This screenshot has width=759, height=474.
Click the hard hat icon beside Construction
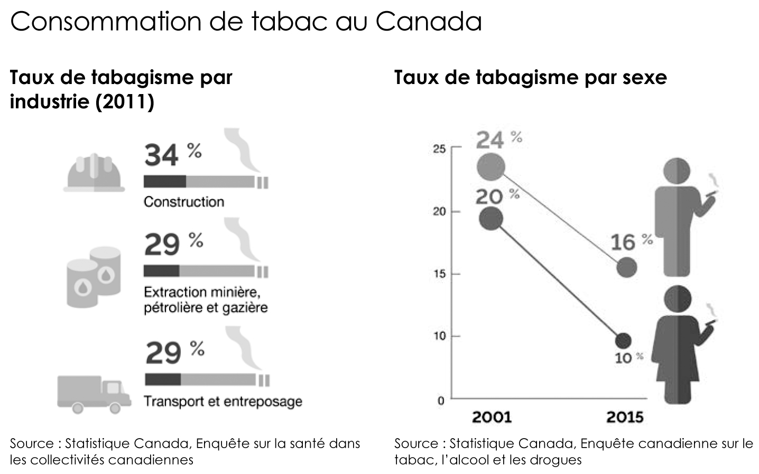94,172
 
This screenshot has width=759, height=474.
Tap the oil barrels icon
93,276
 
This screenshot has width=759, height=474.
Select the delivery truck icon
94,394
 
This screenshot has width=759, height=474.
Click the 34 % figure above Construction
172,155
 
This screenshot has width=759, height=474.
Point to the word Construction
184,202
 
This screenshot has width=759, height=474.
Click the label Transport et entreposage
223,402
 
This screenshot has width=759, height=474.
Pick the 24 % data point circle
491,168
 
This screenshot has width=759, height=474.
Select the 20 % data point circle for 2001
491,219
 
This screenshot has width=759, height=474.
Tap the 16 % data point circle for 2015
626,267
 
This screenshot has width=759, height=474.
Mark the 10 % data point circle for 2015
623,341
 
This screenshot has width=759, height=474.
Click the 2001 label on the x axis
492,417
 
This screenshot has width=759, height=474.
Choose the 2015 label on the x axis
625,417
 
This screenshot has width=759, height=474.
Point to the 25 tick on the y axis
439,148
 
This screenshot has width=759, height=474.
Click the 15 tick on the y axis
439,274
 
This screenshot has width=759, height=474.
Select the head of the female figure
677,298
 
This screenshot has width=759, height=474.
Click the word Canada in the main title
429,22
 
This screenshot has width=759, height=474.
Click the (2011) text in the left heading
125,101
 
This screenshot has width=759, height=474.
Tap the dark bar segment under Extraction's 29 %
161,272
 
